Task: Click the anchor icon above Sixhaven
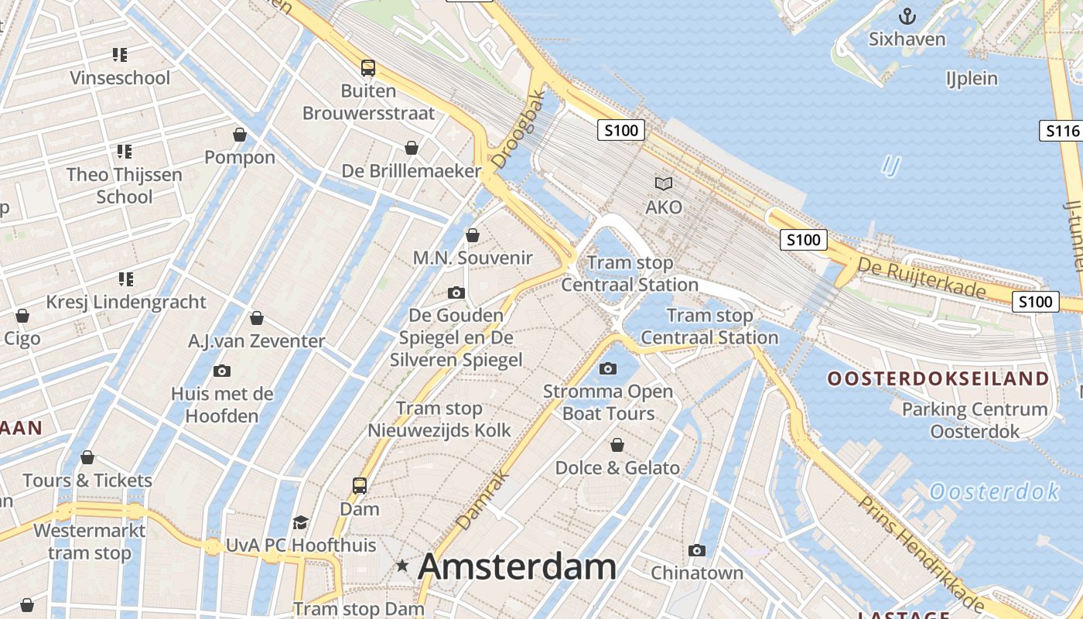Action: click(907, 16)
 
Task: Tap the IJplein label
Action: click(972, 78)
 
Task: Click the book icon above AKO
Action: click(664, 184)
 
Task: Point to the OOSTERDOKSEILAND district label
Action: click(938, 379)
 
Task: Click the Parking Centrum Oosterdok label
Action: click(975, 420)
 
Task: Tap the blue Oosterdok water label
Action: click(994, 491)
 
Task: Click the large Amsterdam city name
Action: click(517, 567)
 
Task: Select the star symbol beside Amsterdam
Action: click(402, 566)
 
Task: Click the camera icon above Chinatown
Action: click(697, 550)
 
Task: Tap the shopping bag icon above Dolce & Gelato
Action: click(617, 445)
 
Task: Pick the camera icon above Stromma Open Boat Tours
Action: click(608, 368)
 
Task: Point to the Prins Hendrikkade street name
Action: click(921, 553)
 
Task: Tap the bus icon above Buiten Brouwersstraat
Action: click(368, 67)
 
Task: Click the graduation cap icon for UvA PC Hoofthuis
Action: click(300, 523)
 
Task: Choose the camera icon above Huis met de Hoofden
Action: click(222, 371)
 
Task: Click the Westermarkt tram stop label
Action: click(90, 542)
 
